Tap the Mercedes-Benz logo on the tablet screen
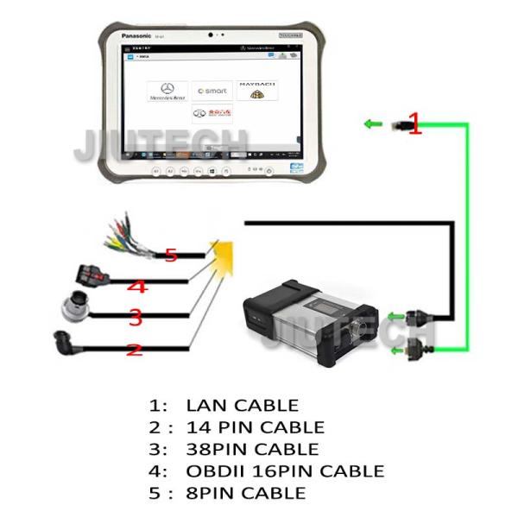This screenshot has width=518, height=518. coord(167,92)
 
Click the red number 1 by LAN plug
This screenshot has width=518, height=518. coord(414,124)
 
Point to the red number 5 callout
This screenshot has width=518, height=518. coord(170,255)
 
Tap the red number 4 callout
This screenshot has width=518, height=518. coord(136,287)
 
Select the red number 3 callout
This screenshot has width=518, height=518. coord(135,318)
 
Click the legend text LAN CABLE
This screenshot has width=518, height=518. coord(242,405)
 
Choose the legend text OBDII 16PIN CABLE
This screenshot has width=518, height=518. coord(285,471)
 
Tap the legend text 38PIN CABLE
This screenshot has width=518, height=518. coord(252,449)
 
